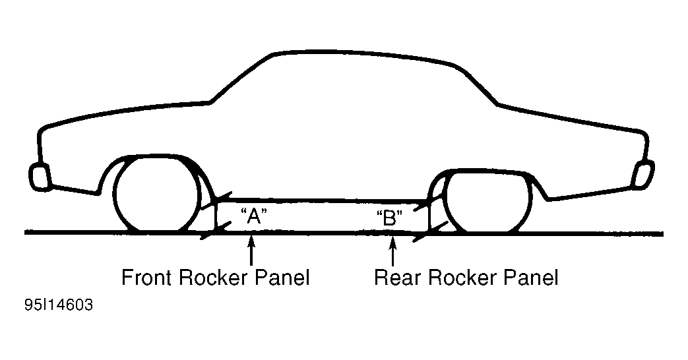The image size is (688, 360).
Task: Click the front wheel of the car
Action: click(157, 195)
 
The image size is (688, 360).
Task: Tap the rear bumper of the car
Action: click(641, 175)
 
